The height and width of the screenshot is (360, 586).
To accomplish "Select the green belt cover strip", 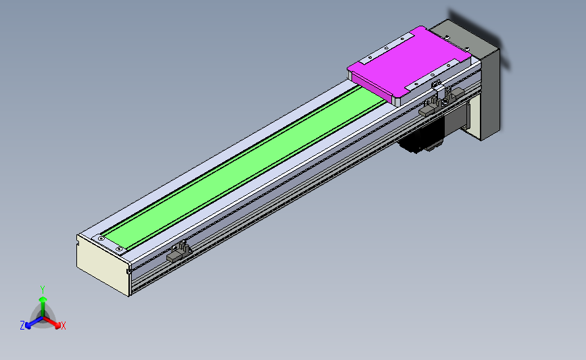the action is click(243, 168).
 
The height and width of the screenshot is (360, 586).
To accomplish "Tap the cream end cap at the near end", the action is click(103, 265).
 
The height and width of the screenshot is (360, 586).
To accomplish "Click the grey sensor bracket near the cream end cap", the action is click(178, 252).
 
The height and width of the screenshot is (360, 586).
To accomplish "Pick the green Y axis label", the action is click(43, 290).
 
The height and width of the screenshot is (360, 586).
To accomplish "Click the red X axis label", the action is click(63, 326).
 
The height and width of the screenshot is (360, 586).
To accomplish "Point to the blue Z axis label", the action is click(22, 326).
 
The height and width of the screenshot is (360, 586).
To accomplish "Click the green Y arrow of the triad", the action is click(43, 307).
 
